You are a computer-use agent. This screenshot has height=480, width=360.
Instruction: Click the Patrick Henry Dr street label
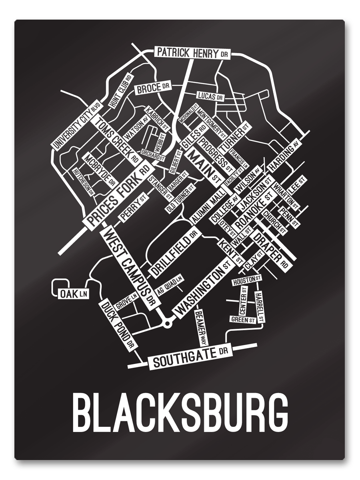pos(192,52)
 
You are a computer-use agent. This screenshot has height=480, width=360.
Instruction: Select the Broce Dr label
pos(152,88)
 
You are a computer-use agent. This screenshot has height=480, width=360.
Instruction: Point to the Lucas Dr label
pos(210,96)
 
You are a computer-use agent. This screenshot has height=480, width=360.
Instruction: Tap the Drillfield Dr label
pos(174,253)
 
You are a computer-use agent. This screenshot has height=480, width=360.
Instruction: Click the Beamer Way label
pos(201,328)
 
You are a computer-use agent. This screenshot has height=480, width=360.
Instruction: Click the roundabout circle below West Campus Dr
pos(167,322)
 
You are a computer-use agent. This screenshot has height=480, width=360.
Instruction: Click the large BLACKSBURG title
pos(180,412)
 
